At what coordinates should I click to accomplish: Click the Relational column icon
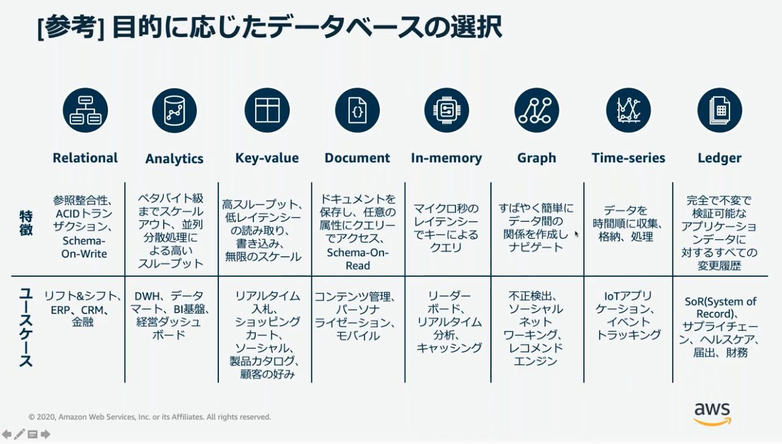[x=85, y=110]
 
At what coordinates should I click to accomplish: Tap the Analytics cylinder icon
[x=174, y=110]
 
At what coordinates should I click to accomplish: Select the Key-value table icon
[x=267, y=110]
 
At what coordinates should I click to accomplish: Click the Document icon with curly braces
[x=357, y=110]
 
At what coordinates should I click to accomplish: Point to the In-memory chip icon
[x=447, y=110]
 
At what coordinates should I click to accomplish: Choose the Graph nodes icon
[x=537, y=110]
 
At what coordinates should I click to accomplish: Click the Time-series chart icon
[x=628, y=110]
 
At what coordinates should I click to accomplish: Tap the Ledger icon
[x=719, y=110]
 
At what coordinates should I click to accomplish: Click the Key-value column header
[x=267, y=158]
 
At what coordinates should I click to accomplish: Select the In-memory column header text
[x=447, y=158]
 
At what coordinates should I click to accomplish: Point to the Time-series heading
[x=628, y=158]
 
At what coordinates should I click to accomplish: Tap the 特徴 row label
[x=26, y=223]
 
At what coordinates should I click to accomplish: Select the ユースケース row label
[x=26, y=327]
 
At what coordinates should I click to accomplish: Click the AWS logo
[x=712, y=414]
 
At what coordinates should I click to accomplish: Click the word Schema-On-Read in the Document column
[x=357, y=259]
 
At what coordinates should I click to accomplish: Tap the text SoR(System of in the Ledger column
[x=720, y=301]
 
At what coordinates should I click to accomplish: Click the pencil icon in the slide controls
[x=20, y=434]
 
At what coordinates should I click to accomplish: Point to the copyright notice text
[x=149, y=417]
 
